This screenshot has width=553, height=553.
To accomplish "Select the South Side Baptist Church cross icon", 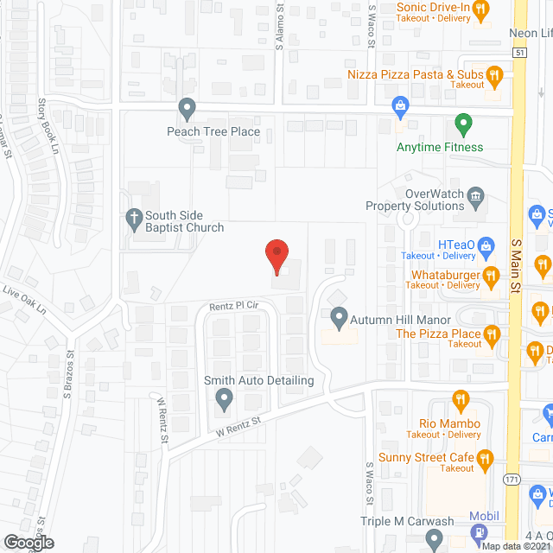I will (135, 219).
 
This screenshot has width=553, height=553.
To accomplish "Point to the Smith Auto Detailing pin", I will (225, 399).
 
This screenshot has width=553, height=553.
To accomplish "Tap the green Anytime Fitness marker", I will (463, 126).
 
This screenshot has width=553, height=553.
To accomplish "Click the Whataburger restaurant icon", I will (492, 276).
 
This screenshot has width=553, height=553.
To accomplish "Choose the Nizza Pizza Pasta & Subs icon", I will (494, 76).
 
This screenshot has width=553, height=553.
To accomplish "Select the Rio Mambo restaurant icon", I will (460, 401).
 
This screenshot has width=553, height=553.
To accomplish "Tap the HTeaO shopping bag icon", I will (486, 246).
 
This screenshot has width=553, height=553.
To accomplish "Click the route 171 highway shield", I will (512, 478).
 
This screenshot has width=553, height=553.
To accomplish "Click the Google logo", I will (29, 542).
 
